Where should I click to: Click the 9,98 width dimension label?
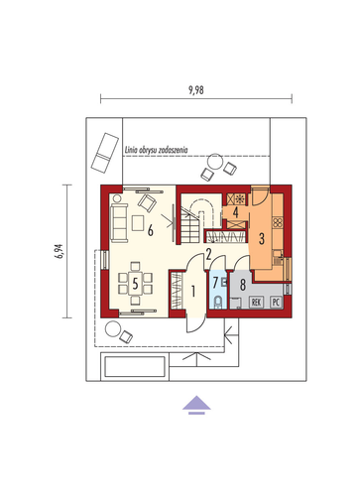pos(196,90)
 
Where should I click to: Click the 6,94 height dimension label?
pos(60,251)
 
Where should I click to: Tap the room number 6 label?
pos(151,230)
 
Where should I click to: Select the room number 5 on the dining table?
pos(135,284)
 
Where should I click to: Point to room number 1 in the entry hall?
pos(193,291)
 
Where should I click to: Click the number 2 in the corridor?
pos(208,254)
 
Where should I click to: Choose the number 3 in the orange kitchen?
pos(262,238)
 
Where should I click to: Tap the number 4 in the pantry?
pos(235,212)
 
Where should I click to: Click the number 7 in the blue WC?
pos(215,283)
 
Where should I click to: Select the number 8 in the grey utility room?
pos(243,285)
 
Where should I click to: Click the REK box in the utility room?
pos(257,302)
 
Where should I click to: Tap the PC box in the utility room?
pos(276,302)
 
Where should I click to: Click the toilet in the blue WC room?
pos(218,302)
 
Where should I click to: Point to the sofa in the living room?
pos(119,222)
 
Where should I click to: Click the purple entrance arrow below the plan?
pos(196,405)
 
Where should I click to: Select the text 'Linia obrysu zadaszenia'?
pos(156,150)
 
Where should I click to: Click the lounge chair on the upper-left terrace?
pos(105,153)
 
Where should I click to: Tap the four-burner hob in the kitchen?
pos(278,222)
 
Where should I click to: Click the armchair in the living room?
pos(148,202)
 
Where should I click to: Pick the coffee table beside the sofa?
pos(138,223)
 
